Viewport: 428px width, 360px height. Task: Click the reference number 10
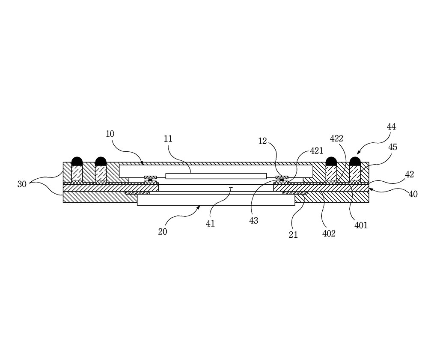(110, 134)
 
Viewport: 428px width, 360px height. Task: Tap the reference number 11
(168, 139)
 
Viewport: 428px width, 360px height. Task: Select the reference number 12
(262, 141)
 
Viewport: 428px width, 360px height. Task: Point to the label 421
(316, 150)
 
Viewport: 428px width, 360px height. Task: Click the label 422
(336, 139)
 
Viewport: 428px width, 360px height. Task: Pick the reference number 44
(391, 127)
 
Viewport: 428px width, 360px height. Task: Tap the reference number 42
(410, 174)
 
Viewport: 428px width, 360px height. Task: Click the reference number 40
(413, 194)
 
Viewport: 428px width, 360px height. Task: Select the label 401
(361, 225)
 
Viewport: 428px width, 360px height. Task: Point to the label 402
(329, 233)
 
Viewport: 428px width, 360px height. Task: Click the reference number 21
(293, 235)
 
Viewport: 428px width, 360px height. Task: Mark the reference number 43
(253, 220)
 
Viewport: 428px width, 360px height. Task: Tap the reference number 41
(210, 224)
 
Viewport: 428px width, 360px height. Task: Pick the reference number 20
(162, 232)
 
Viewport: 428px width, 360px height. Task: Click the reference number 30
(22, 184)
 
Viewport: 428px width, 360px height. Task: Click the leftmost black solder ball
(77, 161)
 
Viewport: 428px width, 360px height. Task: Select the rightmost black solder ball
(355, 161)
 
